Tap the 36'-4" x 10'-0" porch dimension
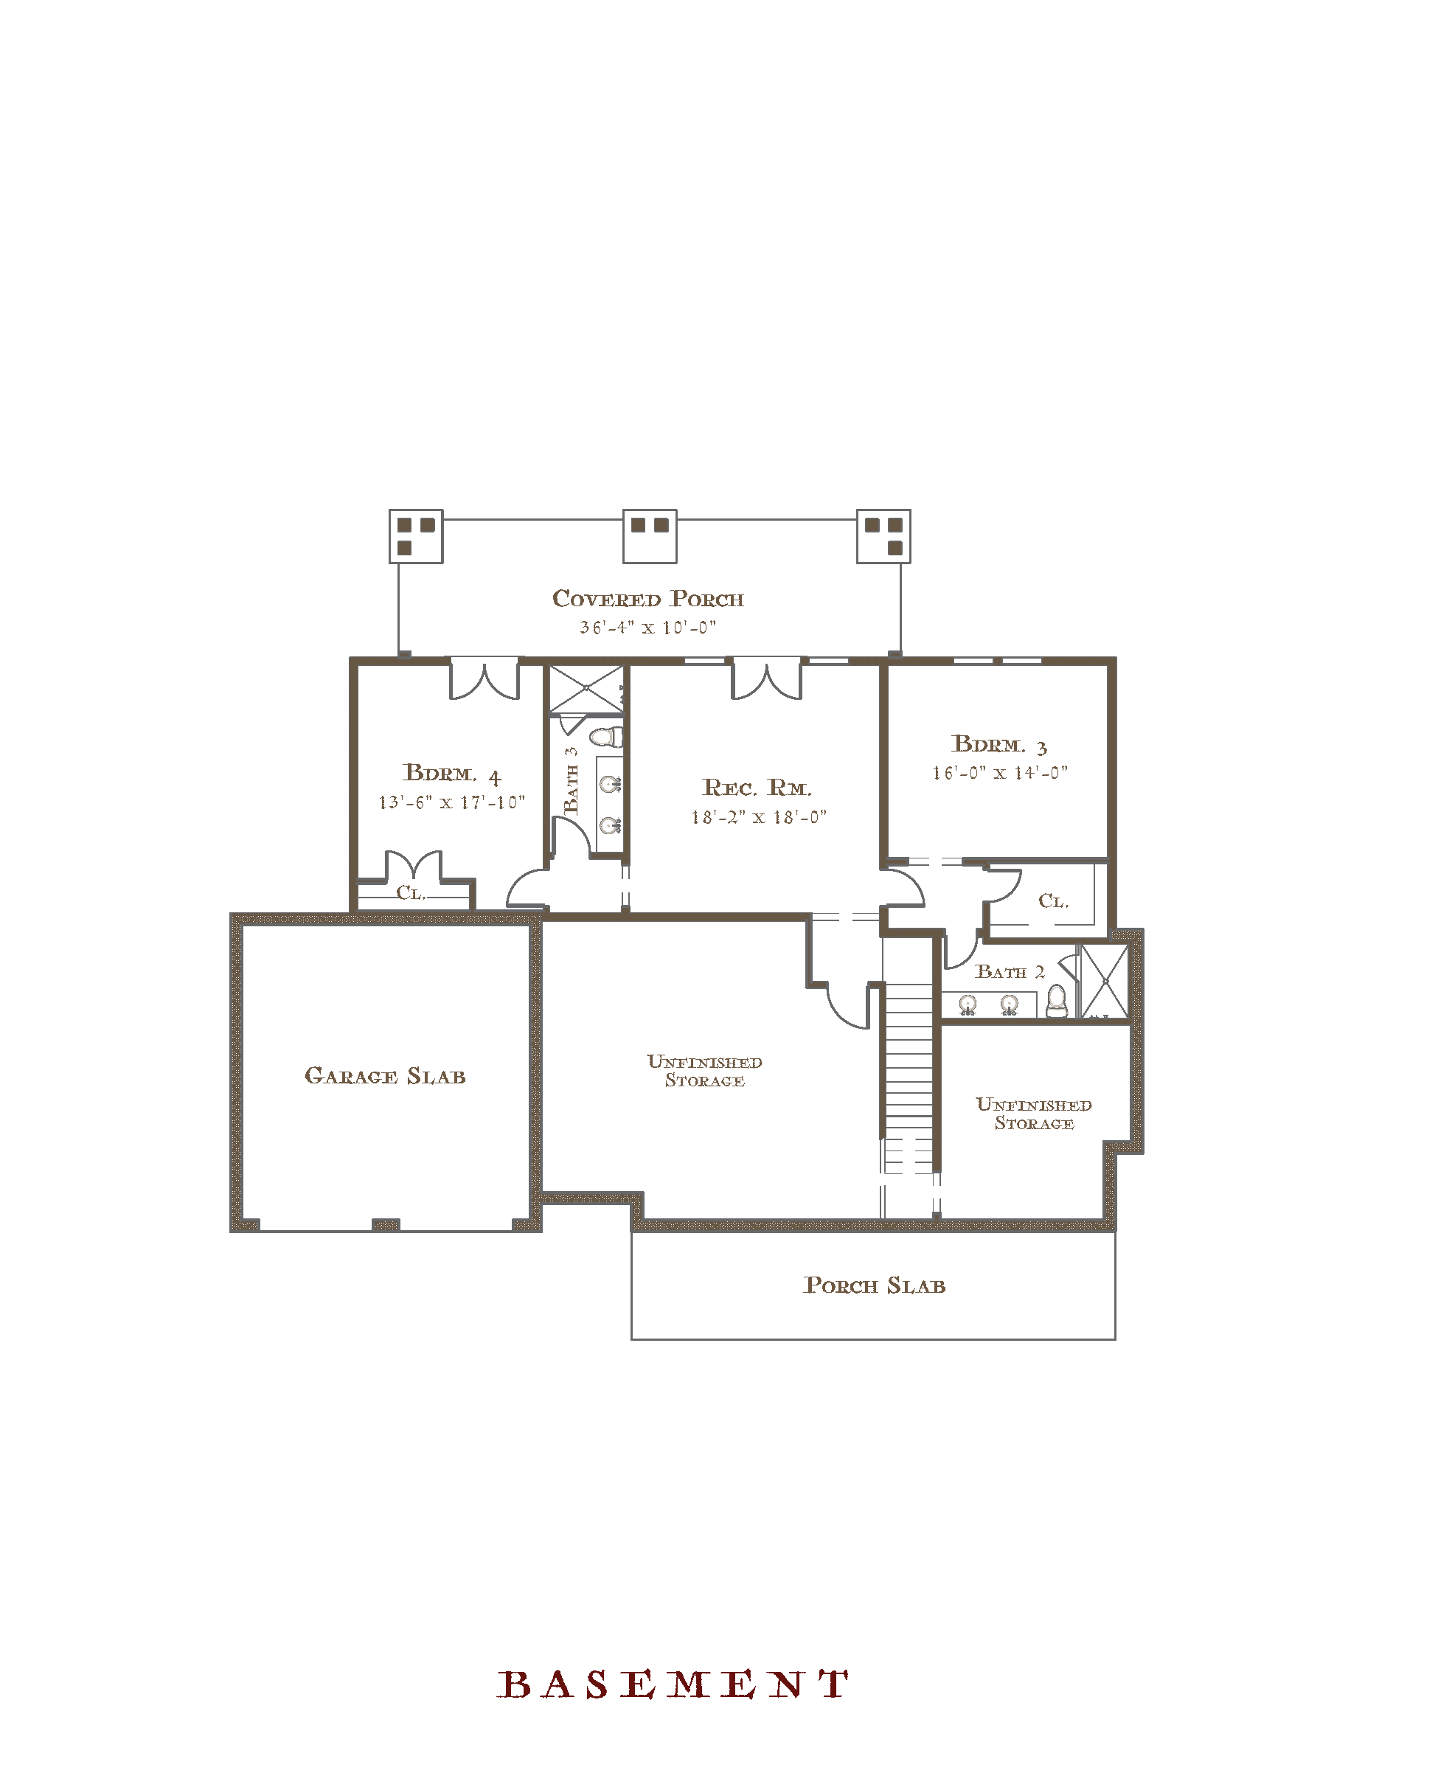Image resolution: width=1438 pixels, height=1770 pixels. point(647,628)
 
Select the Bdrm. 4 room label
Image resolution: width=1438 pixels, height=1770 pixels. point(452,774)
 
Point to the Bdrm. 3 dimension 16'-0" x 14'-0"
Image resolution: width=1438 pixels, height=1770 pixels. point(1000,773)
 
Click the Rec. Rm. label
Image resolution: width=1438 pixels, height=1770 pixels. point(757,787)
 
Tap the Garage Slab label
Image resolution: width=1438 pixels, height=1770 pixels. point(385,1076)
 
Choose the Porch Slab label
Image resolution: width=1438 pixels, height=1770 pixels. point(875,1285)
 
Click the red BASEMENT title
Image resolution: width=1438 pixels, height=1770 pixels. point(673,1684)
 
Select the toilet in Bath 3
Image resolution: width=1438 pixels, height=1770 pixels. point(606,735)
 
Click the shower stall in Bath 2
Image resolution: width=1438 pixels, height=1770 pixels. point(1105,982)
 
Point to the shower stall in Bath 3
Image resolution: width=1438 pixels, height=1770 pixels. point(586,688)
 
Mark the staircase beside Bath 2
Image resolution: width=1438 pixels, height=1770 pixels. point(909,1077)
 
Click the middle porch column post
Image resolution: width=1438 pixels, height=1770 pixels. point(650,536)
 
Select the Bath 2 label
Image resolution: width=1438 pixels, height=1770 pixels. point(1010,971)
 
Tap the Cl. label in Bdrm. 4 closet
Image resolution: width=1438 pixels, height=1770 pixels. point(411,893)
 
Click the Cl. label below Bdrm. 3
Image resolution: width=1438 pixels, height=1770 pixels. point(1054,900)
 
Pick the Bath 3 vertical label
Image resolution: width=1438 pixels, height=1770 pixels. point(572,780)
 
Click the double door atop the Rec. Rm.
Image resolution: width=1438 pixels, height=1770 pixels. point(766,678)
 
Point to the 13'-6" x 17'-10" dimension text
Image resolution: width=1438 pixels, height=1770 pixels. point(451,802)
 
